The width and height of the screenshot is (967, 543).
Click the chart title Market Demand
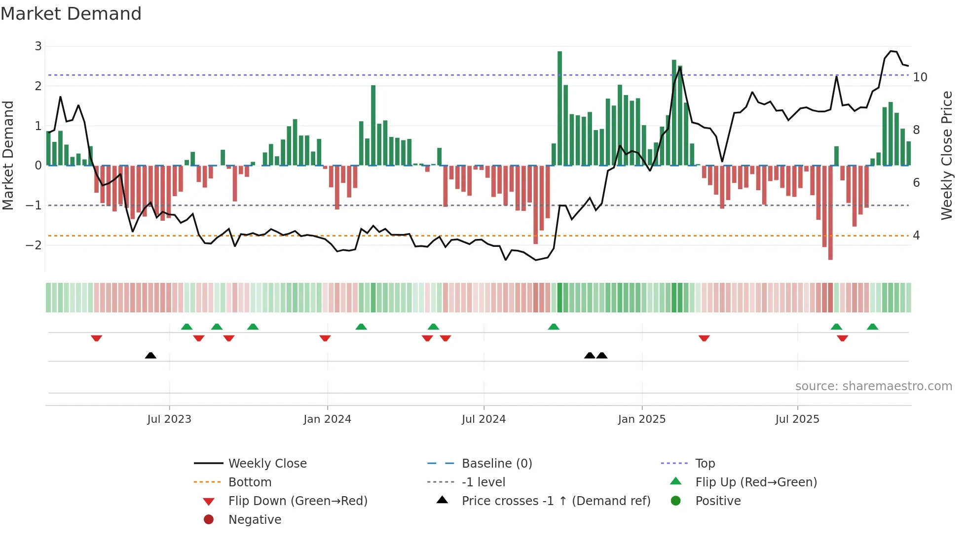click(71, 14)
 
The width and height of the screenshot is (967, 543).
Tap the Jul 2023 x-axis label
click(169, 419)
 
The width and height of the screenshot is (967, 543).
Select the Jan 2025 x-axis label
click(641, 419)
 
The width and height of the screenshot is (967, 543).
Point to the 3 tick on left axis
click(38, 46)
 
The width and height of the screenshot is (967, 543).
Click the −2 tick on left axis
click(34, 245)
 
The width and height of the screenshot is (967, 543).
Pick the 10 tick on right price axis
click(920, 77)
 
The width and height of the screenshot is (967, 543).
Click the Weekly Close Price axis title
click(946, 155)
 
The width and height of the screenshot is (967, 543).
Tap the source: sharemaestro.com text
click(873, 386)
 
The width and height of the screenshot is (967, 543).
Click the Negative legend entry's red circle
click(209, 520)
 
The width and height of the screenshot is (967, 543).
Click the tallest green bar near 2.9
click(559, 108)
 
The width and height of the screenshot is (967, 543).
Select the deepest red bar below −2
click(830, 212)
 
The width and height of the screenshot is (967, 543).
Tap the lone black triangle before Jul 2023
click(150, 355)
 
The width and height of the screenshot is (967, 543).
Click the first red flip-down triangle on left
click(97, 338)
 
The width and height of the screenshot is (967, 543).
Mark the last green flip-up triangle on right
click(872, 327)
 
